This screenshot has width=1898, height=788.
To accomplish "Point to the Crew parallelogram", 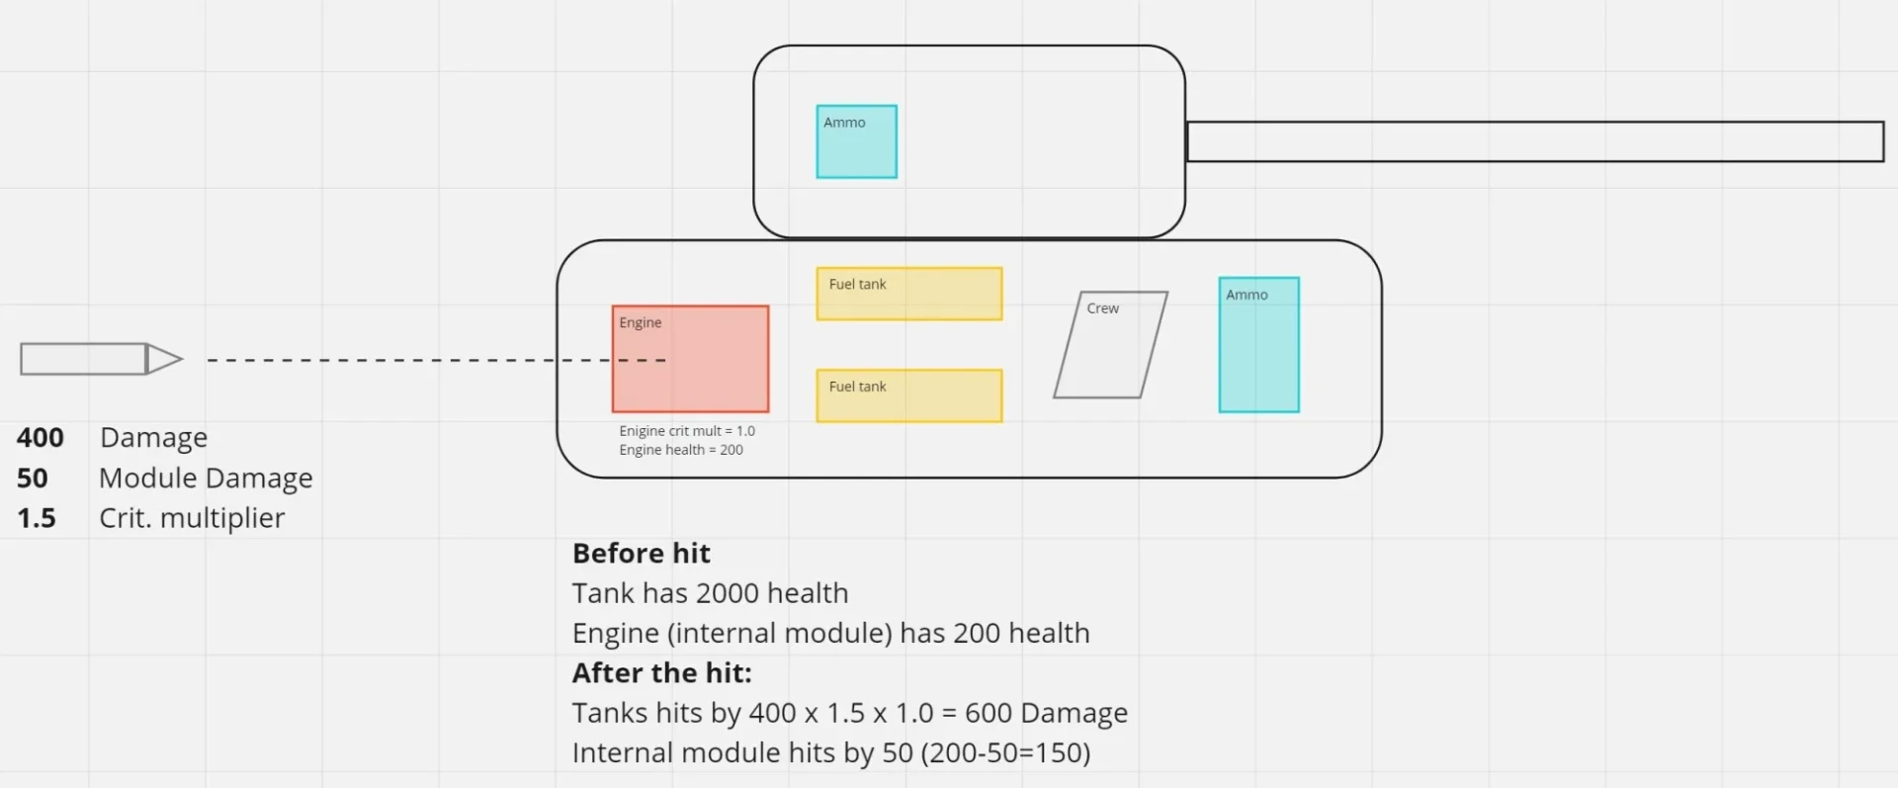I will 1110,345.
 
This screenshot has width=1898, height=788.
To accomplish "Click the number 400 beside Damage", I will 40,437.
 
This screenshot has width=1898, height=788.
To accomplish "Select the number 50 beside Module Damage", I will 32,478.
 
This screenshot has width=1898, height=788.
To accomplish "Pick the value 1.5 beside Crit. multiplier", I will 36,518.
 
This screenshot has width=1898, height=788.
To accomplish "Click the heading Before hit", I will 641,553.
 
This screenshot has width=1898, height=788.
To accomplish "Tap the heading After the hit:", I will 661,672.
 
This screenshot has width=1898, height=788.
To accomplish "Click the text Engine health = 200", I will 681,450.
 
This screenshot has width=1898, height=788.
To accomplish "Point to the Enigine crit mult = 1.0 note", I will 687,431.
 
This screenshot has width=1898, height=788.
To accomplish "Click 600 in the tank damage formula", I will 988,713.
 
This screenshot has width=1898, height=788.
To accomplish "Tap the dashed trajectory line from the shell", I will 395,360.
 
